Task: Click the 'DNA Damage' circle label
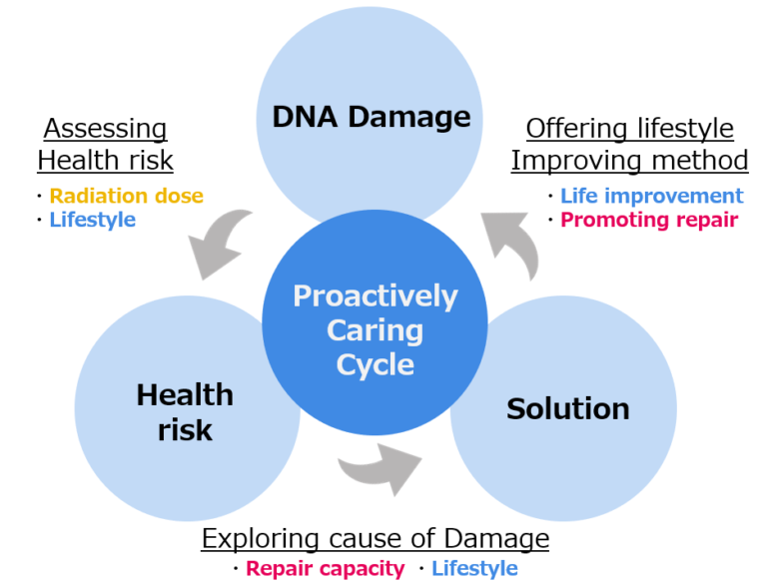pos(372,118)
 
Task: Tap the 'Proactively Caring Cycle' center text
pos(376,330)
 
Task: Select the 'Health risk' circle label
pos(185,412)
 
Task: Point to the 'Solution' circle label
pos(568,409)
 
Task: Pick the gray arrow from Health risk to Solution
pos(380,468)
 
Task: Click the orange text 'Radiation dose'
pos(126,196)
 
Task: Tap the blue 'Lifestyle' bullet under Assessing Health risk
pos(93,220)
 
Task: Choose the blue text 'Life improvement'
pos(651,196)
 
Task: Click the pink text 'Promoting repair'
pos(649,220)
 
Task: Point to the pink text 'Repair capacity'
pos(326,568)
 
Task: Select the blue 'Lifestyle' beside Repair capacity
pos(474,568)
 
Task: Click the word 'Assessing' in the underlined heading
pos(105,129)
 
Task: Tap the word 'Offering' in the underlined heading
pos(575,129)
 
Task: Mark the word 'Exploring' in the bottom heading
pos(261,539)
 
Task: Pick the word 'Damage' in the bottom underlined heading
pos(496,539)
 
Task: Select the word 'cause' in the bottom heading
pos(366,539)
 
